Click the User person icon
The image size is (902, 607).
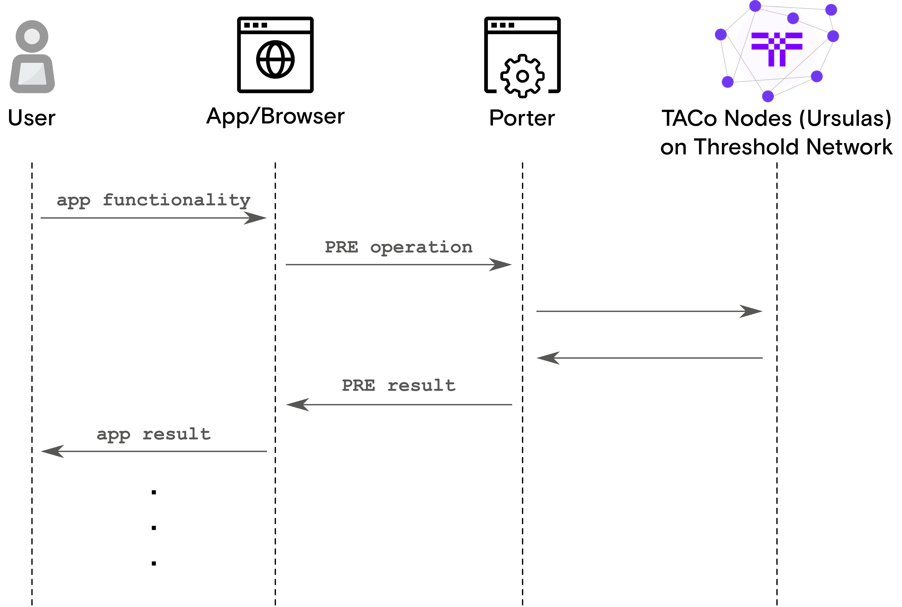pos(32,57)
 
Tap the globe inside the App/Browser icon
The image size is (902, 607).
pos(275,60)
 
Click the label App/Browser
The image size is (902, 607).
pos(275,116)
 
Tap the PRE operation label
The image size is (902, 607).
pos(399,247)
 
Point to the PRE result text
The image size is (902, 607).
pos(399,386)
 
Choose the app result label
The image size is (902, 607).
pos(154,434)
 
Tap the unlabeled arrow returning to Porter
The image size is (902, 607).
pos(649,358)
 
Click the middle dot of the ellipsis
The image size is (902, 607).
pos(154,528)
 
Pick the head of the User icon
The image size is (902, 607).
pos(32,36)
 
